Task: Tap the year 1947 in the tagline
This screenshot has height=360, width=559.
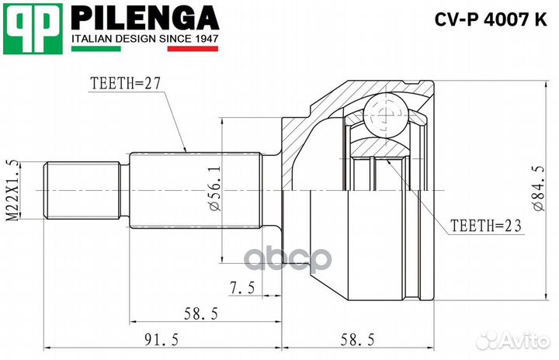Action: click(x=203, y=37)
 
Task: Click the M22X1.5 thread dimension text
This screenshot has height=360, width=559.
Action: click(x=12, y=189)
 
